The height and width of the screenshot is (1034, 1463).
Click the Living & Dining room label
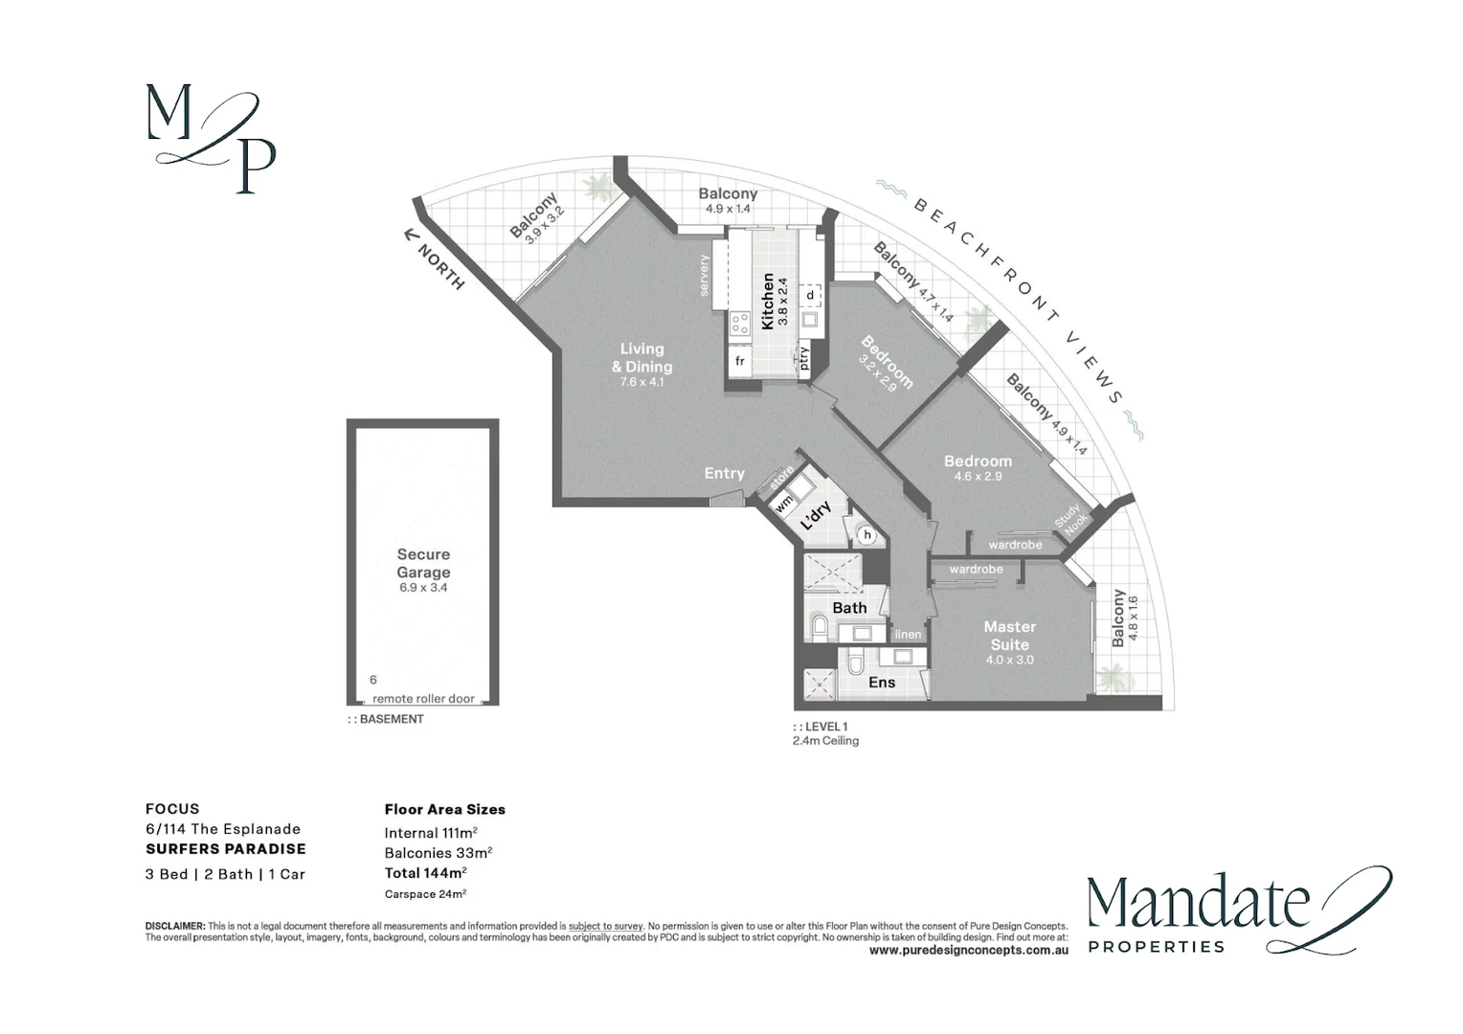pyautogui.click(x=641, y=358)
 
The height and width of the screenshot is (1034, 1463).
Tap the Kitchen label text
pyautogui.click(x=767, y=302)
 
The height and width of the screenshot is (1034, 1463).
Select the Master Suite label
pyautogui.click(x=1009, y=636)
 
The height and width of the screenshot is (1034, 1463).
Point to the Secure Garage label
pyautogui.click(x=423, y=563)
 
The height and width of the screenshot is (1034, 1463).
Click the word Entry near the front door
pyautogui.click(x=724, y=473)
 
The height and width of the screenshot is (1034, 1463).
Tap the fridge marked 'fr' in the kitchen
pyautogui.click(x=740, y=362)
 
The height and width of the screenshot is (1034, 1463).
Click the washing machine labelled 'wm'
pyautogui.click(x=784, y=502)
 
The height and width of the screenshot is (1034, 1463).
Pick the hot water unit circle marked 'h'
pyautogui.click(x=867, y=534)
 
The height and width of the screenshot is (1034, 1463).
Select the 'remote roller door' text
pyautogui.click(x=423, y=699)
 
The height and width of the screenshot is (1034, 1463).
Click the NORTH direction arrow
pyautogui.click(x=412, y=235)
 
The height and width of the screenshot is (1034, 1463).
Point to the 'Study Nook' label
pyautogui.click(x=1072, y=519)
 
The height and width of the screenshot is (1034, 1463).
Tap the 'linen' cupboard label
pyautogui.click(x=908, y=634)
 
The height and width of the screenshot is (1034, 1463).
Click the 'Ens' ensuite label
pyautogui.click(x=882, y=682)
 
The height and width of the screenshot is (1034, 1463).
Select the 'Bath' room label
pyautogui.click(x=849, y=608)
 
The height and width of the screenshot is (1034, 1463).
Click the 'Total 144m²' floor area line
pyautogui.click(x=425, y=872)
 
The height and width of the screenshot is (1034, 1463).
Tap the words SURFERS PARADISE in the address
pyautogui.click(x=226, y=848)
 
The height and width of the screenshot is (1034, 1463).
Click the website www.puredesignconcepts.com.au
pyautogui.click(x=968, y=951)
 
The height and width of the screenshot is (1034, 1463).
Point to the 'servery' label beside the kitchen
pyautogui.click(x=705, y=275)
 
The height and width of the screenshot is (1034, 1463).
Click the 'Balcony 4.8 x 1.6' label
pyautogui.click(x=1124, y=620)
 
